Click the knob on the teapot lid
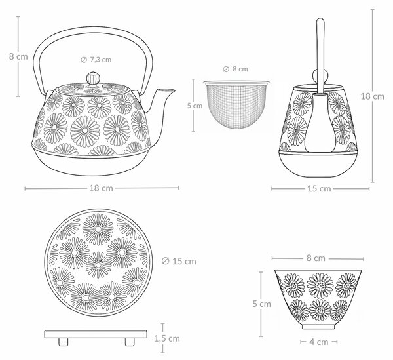[x=93, y=78]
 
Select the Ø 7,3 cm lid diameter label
[x=96, y=60]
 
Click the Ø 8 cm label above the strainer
[x=235, y=69]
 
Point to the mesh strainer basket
[x=236, y=104]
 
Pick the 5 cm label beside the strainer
[x=195, y=106]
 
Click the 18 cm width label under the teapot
[x=102, y=188]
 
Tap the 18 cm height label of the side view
[x=373, y=96]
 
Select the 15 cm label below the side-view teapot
[x=319, y=188]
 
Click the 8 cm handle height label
[x=18, y=56]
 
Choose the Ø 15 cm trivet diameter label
[x=179, y=261]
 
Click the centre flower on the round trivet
[x=98, y=265]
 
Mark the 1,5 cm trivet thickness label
[x=167, y=338]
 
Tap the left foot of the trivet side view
[x=63, y=342]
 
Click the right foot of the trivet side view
[x=130, y=342]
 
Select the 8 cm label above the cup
[x=316, y=258]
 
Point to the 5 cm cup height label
[x=261, y=304]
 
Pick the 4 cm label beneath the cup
[x=319, y=342]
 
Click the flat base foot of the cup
[x=318, y=327]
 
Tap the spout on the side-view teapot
[x=320, y=123]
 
